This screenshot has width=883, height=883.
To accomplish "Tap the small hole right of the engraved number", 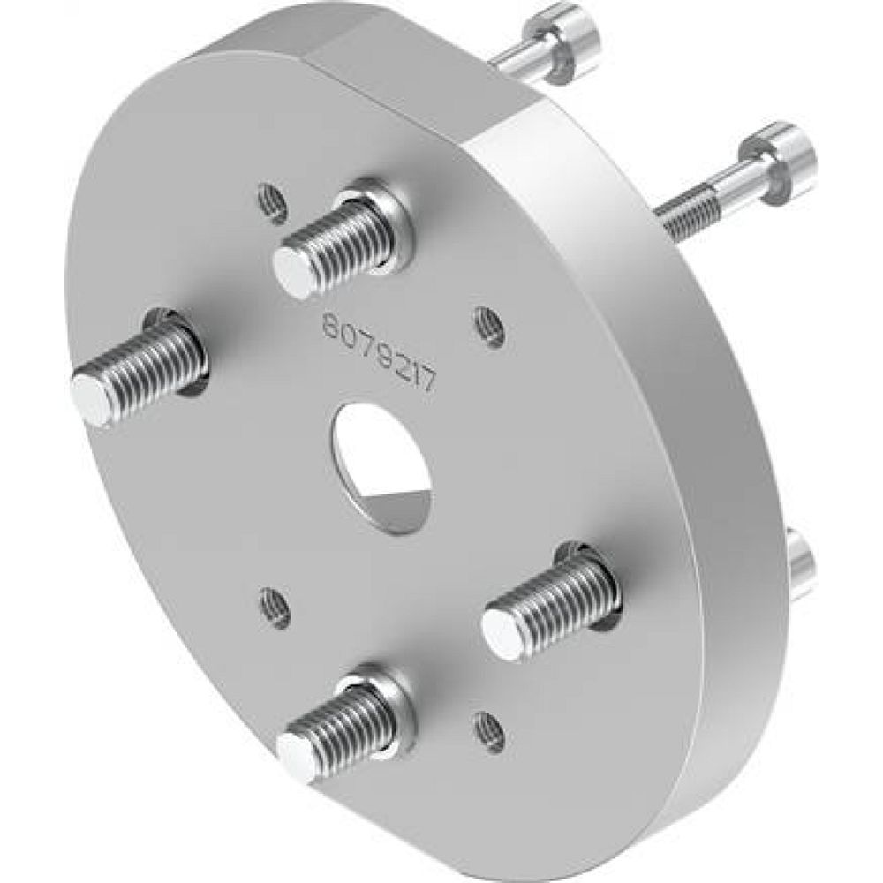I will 488,327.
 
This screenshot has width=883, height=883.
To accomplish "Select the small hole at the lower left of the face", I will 275,607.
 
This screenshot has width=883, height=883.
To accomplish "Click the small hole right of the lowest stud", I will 488,731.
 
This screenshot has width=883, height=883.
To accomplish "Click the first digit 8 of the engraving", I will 328,328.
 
